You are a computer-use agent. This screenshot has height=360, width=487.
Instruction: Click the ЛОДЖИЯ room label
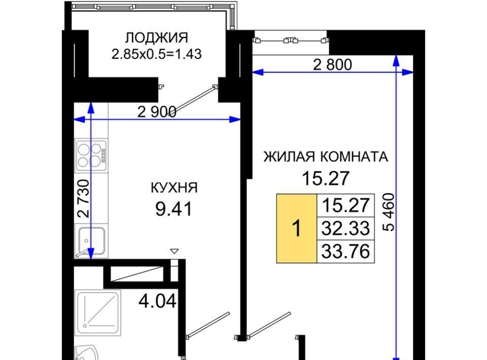tap(157, 38)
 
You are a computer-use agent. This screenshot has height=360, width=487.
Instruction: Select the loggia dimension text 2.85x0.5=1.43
tap(157, 54)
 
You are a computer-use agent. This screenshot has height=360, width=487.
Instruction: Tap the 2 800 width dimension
tap(332, 65)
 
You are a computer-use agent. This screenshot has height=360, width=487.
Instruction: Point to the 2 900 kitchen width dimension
tap(157, 112)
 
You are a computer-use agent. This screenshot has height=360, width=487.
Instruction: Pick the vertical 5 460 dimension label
tap(389, 212)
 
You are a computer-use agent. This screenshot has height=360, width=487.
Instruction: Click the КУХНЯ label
tap(174, 188)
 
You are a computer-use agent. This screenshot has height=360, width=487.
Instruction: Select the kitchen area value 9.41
tap(174, 209)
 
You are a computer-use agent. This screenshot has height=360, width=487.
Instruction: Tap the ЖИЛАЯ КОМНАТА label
tap(326, 157)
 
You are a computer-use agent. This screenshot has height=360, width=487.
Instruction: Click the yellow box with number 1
tap(297, 228)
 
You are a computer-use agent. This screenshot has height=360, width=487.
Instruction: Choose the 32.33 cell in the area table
tap(345, 228)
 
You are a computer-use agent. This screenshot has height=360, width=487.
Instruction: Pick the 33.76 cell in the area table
tap(345, 251)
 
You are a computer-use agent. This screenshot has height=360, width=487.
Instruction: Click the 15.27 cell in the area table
tap(345, 205)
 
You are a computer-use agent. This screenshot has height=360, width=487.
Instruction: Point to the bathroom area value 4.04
tap(157, 301)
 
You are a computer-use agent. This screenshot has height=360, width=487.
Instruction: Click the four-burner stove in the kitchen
tap(91, 156)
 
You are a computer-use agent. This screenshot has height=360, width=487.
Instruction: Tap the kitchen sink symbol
tap(91, 241)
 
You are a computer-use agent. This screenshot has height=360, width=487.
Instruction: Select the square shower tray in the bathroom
tap(98, 313)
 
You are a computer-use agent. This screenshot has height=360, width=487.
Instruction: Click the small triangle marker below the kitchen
tap(175, 251)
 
